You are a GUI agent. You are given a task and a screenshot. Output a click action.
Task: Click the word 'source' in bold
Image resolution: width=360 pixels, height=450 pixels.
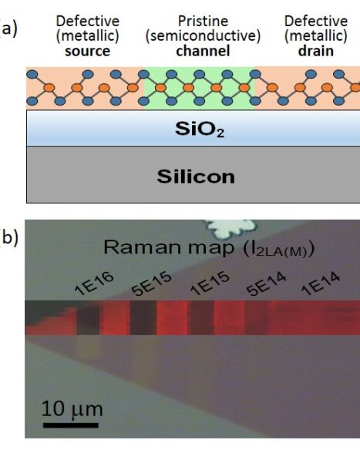pyautogui.click(x=88, y=51)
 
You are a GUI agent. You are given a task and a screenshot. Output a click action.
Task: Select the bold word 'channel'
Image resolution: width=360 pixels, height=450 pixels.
pyautogui.click(x=203, y=51)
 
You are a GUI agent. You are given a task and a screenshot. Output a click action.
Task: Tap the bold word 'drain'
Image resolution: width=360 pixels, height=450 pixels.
pyautogui.click(x=316, y=51)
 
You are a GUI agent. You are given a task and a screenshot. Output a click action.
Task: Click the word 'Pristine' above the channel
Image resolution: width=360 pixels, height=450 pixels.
pyautogui.click(x=203, y=21)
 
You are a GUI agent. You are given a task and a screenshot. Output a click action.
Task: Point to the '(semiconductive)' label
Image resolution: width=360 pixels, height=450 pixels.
pyautogui.click(x=203, y=36)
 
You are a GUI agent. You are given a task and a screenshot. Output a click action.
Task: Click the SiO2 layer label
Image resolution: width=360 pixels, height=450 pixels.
pyautogui.click(x=200, y=129)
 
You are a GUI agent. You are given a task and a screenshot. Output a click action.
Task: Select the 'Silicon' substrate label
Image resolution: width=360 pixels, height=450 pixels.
pyautogui.click(x=196, y=176)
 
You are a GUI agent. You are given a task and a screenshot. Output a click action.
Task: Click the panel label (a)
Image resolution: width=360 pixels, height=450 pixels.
pyautogui.click(x=8, y=28)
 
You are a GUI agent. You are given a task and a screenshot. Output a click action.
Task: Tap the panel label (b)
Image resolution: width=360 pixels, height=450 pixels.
pyautogui.click(x=9, y=237)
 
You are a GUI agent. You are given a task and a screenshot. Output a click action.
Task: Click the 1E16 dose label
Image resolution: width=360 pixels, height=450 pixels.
pyautogui.click(x=94, y=284)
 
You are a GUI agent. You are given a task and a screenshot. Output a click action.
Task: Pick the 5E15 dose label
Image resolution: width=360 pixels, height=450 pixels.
pyautogui.click(x=151, y=284)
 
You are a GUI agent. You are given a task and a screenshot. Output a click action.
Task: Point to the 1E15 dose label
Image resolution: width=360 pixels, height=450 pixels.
pyautogui.click(x=210, y=284)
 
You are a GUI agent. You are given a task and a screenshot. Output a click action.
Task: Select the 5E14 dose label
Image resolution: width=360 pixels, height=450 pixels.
pyautogui.click(x=267, y=284)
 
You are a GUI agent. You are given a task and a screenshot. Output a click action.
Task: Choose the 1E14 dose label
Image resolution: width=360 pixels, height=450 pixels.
pyautogui.click(x=321, y=284)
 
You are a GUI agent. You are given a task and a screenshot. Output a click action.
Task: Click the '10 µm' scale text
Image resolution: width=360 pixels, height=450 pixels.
pyautogui.click(x=72, y=409)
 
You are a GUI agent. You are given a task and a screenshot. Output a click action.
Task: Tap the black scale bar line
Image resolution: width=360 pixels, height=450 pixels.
pyautogui.click(x=71, y=425)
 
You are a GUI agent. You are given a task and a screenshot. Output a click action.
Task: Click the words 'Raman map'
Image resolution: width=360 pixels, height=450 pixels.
pyautogui.click(x=169, y=247)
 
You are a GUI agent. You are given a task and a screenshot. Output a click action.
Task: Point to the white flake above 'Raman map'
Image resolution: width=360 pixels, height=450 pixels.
pyautogui.click(x=230, y=228)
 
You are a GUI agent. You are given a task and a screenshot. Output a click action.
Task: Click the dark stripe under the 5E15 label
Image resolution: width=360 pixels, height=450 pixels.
pyautogui.click(x=143, y=317)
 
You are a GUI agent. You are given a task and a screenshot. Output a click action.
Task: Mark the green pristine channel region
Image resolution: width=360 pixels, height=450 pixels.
pyautogui.click(x=199, y=88)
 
